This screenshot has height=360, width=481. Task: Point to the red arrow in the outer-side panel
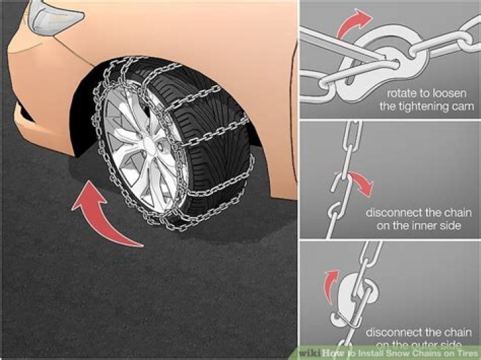tap(329, 285)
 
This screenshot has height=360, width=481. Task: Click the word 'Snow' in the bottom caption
tap(395, 353)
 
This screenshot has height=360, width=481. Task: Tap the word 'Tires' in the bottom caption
tap(464, 353)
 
